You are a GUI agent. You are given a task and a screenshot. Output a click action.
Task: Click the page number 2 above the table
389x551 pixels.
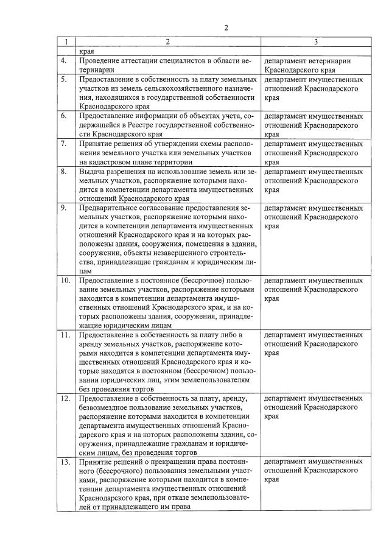click(x=226, y=28)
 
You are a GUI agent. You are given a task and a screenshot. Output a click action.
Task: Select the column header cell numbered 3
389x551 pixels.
click(x=315, y=42)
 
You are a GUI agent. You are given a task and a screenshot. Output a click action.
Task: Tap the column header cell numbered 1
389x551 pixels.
click(x=65, y=42)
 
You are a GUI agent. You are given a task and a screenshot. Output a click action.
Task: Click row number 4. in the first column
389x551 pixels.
click(x=63, y=61)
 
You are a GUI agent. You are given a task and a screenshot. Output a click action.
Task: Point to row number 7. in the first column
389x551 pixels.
click(x=63, y=144)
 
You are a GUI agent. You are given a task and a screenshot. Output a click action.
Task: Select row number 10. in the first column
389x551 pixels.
click(x=65, y=281)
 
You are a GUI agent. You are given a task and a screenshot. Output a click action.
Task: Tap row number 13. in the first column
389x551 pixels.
click(x=65, y=462)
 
